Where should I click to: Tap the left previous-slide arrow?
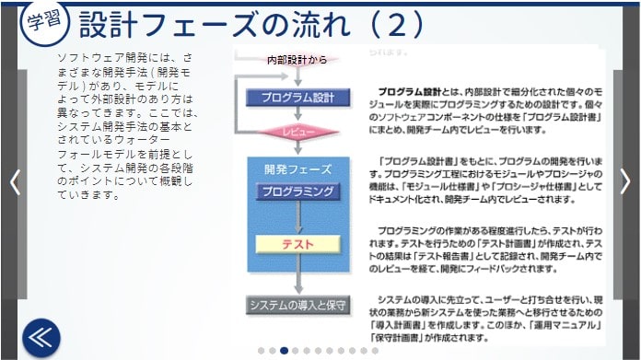14,180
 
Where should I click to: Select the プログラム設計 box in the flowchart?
297,97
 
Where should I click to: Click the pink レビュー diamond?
297,133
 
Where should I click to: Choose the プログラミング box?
297,192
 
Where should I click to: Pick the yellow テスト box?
297,246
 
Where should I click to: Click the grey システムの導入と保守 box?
297,305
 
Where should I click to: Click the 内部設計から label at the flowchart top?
296,60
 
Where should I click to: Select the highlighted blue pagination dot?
284,350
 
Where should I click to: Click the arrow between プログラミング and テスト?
297,218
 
